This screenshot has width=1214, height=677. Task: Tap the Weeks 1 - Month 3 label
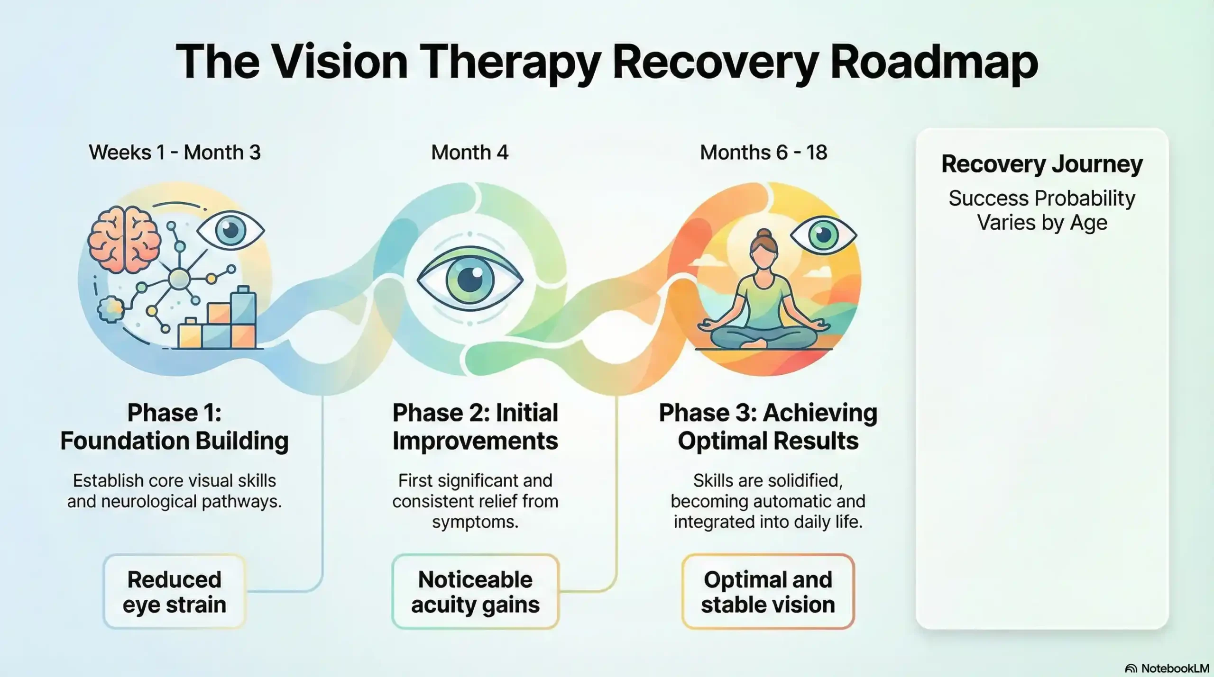tap(175, 153)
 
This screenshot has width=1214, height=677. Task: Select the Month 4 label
tap(469, 153)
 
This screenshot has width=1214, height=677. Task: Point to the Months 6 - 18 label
tap(763, 153)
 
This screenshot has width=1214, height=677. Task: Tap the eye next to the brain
tap(230, 231)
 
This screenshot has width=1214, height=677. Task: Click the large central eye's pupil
tap(470, 279)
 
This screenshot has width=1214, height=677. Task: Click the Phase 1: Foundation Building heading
tap(175, 426)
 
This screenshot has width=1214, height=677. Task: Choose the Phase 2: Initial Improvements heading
tap(475, 426)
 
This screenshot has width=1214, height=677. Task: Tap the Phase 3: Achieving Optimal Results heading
tap(768, 426)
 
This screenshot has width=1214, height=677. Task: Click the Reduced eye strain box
tap(175, 592)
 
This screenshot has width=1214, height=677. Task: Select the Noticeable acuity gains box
tap(475, 592)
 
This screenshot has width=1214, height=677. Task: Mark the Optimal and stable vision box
tap(768, 592)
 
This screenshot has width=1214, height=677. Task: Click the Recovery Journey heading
tap(1042, 164)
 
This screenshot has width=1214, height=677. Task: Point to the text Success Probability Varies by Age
tap(1042, 210)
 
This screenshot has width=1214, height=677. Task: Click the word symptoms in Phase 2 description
tap(475, 522)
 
